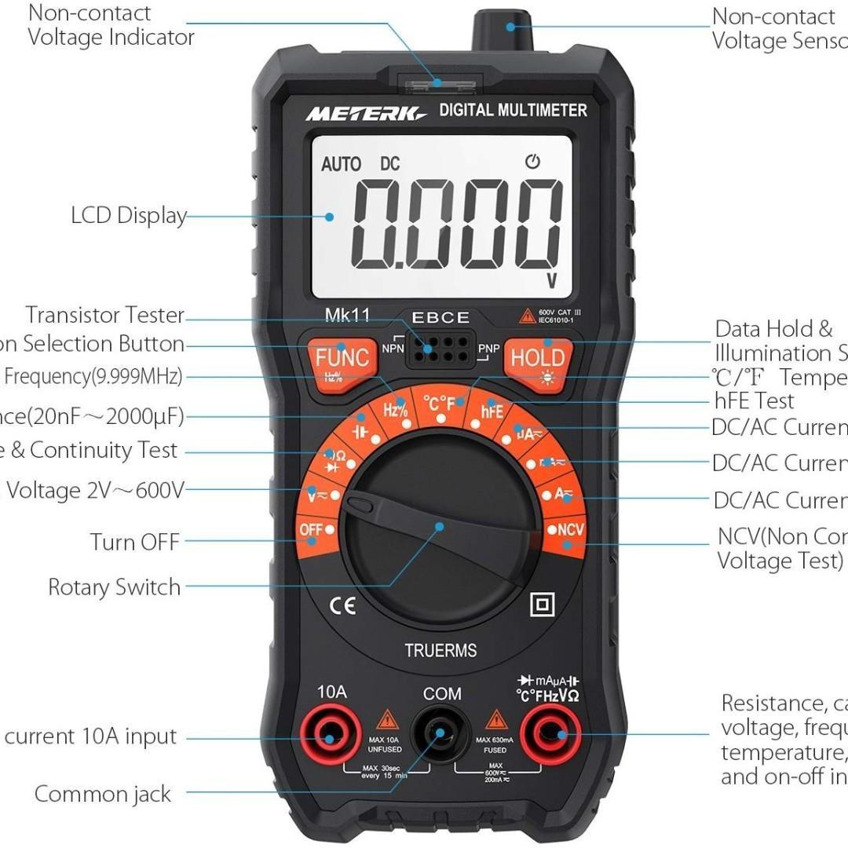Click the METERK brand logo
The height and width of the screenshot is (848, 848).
click(365, 112)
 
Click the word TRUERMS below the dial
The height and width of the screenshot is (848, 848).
click(440, 650)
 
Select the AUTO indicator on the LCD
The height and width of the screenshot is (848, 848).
click(341, 164)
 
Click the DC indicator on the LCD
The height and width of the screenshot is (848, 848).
click(390, 164)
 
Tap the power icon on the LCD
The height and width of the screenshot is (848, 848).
click(533, 163)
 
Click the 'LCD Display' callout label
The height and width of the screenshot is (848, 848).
click(129, 216)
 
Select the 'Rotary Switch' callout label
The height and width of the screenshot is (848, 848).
click(114, 587)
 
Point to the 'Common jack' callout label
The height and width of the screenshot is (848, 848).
click(102, 794)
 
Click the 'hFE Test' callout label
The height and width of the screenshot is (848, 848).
click(754, 401)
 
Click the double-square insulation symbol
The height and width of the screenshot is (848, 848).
click(543, 604)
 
